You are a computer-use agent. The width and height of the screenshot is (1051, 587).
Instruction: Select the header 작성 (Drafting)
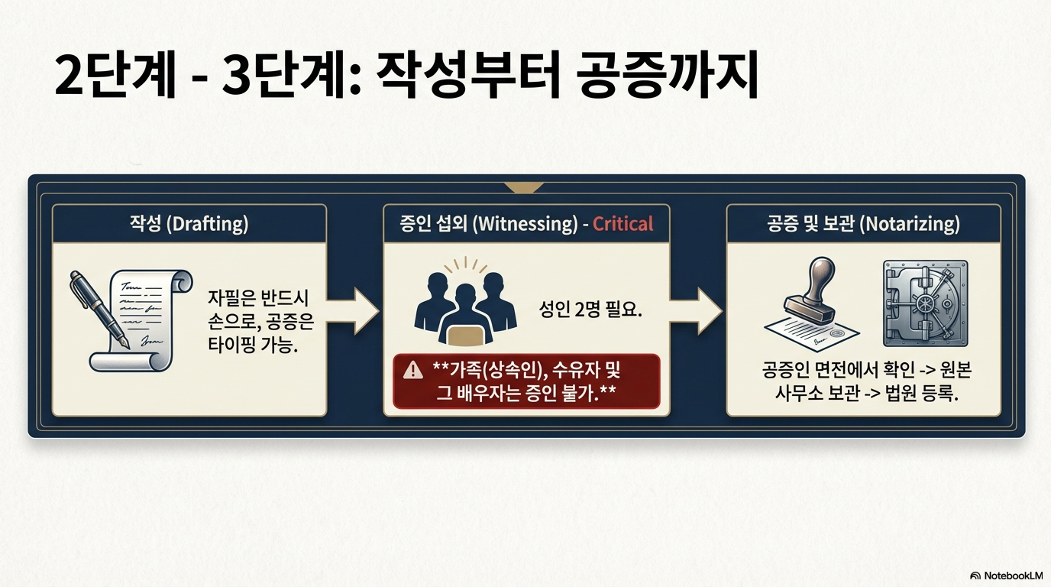click(189, 224)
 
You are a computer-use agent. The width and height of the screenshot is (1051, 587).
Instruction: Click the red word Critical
click(623, 224)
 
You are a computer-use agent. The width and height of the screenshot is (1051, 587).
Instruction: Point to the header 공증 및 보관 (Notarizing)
click(863, 224)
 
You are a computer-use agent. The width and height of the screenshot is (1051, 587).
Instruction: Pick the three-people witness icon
click(460, 306)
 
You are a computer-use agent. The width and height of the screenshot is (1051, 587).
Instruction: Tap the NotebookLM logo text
click(1012, 576)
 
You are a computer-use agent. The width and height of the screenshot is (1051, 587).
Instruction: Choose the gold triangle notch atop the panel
click(524, 186)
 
